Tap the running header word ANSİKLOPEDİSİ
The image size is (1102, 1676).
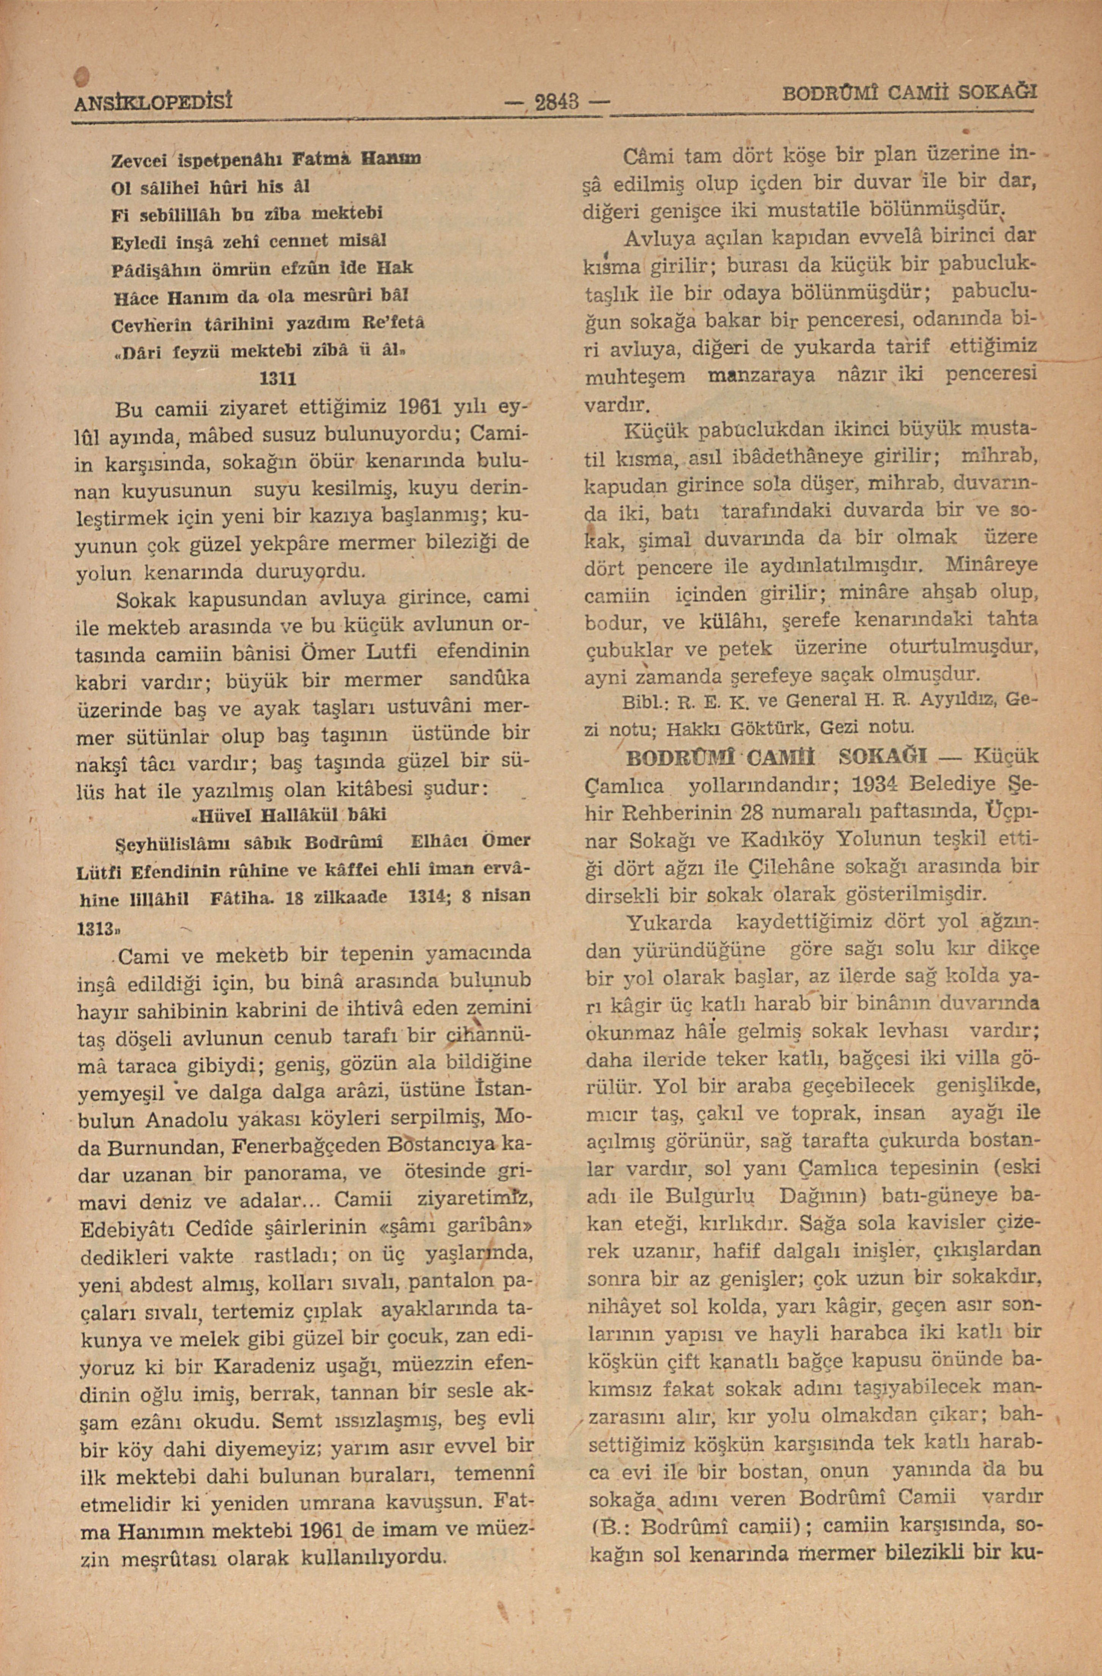154,101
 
